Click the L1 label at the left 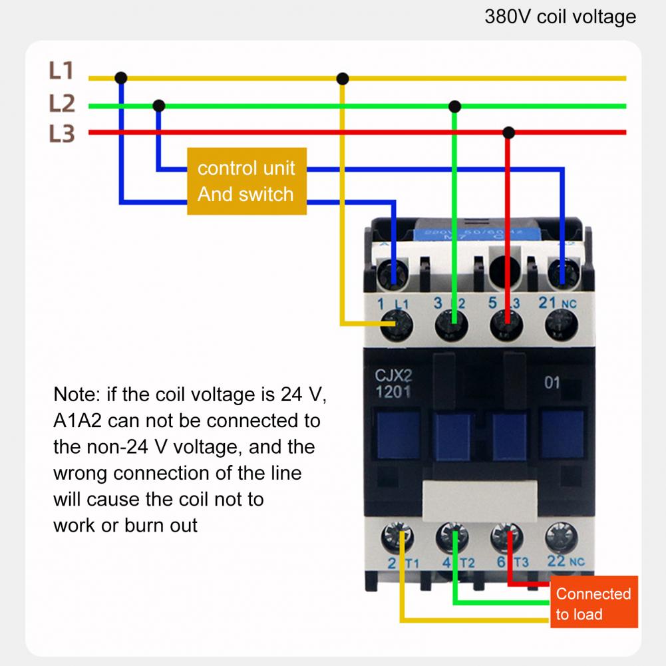tap(61, 71)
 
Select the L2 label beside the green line tap(61, 104)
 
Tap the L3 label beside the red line tap(61, 134)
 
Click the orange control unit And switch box tap(246, 181)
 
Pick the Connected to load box tap(593, 603)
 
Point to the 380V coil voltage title tap(560, 17)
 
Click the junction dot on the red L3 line tap(508, 132)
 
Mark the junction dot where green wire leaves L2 tap(454, 106)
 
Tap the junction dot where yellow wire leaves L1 tap(343, 79)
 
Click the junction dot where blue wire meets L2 tap(158, 106)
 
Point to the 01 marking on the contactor tap(552, 383)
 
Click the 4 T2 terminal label tap(458, 564)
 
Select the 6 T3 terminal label tap(512, 563)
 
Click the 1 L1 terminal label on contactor tap(392, 304)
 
